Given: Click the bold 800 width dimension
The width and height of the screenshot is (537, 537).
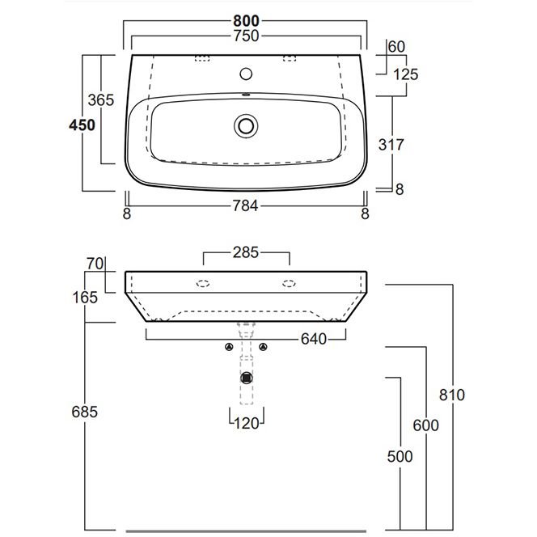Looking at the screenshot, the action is click(x=246, y=21).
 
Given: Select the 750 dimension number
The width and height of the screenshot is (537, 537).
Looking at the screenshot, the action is click(x=246, y=36).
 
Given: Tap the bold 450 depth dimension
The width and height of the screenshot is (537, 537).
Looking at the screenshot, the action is click(x=82, y=125).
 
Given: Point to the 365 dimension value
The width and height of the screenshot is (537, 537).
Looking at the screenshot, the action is click(x=100, y=100).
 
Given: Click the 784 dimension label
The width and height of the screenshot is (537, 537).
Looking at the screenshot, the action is click(x=245, y=206).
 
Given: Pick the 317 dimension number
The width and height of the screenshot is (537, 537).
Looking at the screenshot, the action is click(x=391, y=145).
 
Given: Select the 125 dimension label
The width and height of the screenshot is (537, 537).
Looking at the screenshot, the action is click(x=406, y=74).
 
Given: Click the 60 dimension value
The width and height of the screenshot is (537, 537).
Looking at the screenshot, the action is click(x=396, y=47).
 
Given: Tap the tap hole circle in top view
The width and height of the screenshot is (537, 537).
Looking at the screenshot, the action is click(x=246, y=74).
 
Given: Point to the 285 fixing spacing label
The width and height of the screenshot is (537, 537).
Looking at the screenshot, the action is click(x=246, y=253).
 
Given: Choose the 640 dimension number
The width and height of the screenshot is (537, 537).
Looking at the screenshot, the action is click(x=314, y=339).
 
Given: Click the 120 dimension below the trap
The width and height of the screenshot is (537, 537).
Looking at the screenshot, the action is click(x=247, y=424).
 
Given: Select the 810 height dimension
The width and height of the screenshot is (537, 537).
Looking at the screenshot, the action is click(x=452, y=395).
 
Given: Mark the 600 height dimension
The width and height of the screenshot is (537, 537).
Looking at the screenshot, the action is click(x=425, y=425).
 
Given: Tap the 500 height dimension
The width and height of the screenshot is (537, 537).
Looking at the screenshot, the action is click(x=400, y=456).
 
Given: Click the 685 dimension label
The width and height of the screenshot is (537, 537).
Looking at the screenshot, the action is click(x=85, y=412).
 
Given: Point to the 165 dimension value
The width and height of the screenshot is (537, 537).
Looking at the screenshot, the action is click(x=85, y=298).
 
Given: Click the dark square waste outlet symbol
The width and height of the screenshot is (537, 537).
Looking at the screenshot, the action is click(x=247, y=378).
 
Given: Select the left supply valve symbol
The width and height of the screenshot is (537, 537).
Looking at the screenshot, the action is click(x=229, y=347).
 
